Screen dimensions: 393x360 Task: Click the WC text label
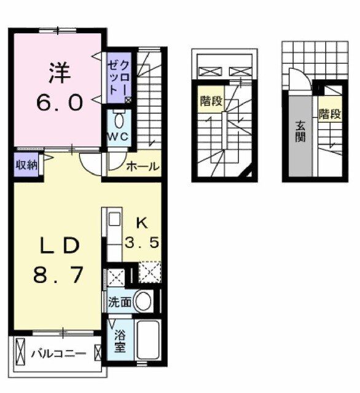coord(119,137)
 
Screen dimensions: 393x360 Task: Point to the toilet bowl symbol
coord(119,119)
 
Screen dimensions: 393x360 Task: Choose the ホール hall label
coord(143,166)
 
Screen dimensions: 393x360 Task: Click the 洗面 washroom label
coord(119,302)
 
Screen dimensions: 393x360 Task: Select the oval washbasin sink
coord(144,302)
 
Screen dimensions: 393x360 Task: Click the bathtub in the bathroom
coord(147,341)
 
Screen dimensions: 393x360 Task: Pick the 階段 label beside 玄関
coord(329,114)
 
